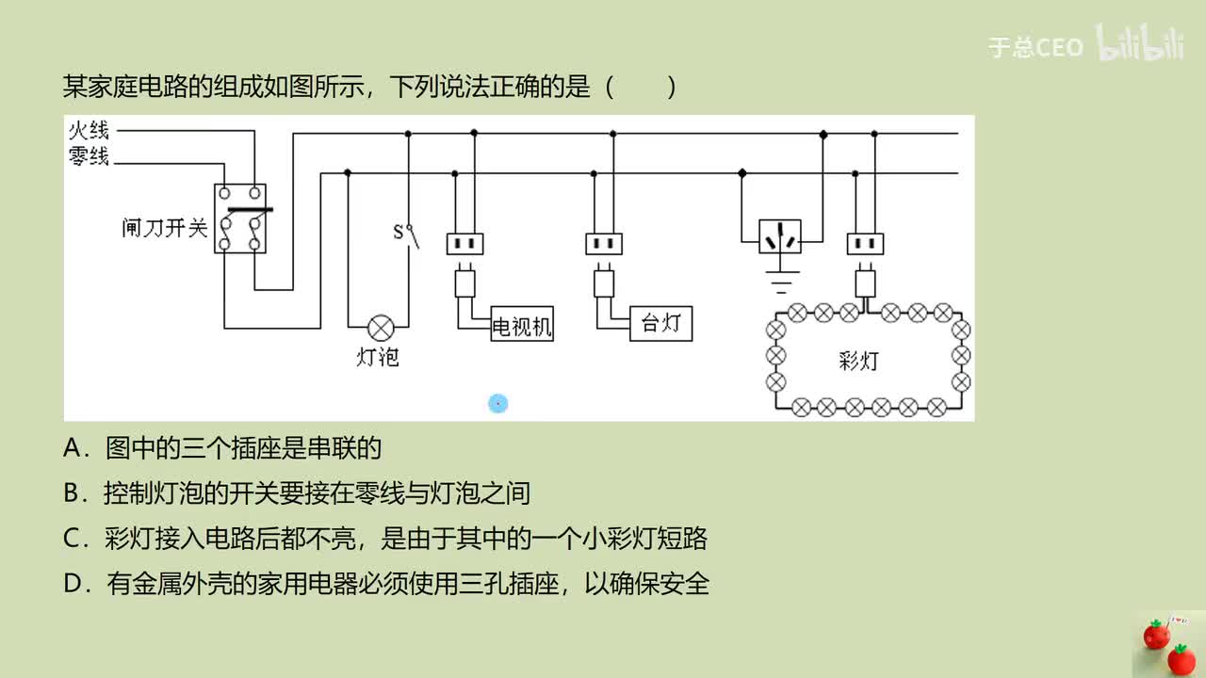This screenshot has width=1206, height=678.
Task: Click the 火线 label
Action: [x=89, y=130]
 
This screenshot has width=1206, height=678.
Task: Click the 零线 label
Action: [x=89, y=156]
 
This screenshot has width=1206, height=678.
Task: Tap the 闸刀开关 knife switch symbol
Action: [x=240, y=219]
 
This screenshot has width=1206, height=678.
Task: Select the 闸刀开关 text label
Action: [x=164, y=228]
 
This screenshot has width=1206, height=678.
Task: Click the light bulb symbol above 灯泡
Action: [x=381, y=328]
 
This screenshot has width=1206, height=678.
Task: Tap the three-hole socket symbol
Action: [x=780, y=237]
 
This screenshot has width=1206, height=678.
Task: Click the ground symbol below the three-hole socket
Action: [x=780, y=281]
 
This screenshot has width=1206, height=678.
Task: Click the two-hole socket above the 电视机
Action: [x=464, y=244]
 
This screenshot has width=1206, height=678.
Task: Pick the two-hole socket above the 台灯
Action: [x=604, y=244]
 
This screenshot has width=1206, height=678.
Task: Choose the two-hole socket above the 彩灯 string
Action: [x=865, y=244]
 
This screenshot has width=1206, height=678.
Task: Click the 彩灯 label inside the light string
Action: [x=858, y=361]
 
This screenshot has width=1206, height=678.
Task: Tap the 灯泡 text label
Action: [x=378, y=358]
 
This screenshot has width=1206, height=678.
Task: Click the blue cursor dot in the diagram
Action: [x=498, y=404]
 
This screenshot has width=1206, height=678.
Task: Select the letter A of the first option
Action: [x=74, y=449]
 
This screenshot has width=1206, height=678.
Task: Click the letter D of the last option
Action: [x=74, y=585]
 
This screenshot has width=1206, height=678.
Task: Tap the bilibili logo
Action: [x=1139, y=45]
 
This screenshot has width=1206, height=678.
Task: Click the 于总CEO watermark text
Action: [x=1035, y=47]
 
